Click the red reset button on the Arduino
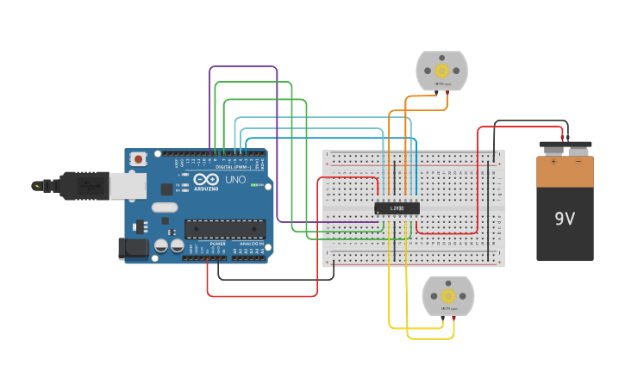[x=138, y=159]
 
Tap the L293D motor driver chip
[x=397, y=208]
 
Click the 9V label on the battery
[x=565, y=219]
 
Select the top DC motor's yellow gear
[x=442, y=71]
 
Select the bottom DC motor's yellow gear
[x=448, y=296]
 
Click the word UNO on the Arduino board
[x=235, y=180]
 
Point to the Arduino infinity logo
[x=206, y=180]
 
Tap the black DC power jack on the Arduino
[x=134, y=248]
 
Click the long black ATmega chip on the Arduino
[x=225, y=229]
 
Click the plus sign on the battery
[x=553, y=161]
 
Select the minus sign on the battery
[x=578, y=161]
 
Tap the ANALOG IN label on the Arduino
[x=252, y=245]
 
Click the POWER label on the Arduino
[x=218, y=245]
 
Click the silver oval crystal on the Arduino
[x=165, y=207]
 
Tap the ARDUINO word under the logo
[x=206, y=189]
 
